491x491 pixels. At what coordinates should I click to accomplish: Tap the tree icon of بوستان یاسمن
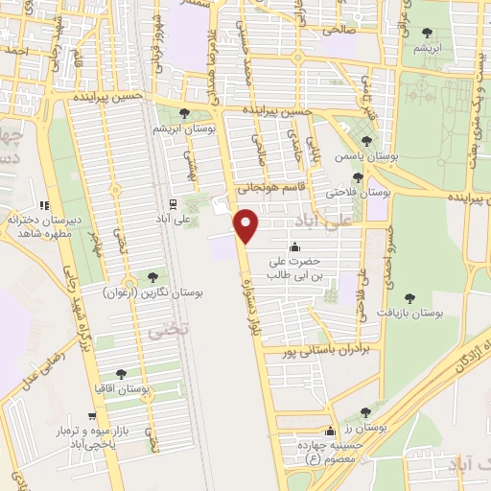[x=365, y=141]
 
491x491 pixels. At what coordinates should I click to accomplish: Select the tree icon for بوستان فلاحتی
[x=358, y=177]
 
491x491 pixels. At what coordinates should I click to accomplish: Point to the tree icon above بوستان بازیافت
[x=410, y=298]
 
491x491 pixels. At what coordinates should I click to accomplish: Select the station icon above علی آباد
[x=174, y=203]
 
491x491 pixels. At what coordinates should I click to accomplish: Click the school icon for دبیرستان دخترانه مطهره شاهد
[x=43, y=205]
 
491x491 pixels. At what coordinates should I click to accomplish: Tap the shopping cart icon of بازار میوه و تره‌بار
[x=91, y=417]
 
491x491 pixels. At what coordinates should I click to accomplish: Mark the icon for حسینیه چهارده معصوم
[x=331, y=432]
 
